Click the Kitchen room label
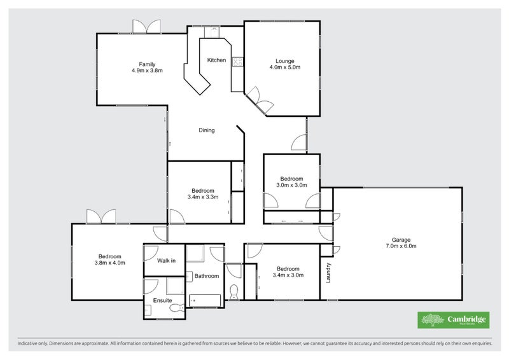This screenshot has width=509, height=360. [x=216, y=60]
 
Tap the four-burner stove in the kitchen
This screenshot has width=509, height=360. [x=237, y=62]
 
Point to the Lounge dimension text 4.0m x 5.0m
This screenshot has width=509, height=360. [x=284, y=67]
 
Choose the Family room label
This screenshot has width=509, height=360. [x=148, y=64]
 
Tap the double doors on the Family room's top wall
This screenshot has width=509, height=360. [x=146, y=27]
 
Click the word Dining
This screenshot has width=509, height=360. [x=207, y=130]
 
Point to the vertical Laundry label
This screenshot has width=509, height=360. [x=328, y=273]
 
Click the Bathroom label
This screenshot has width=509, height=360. [x=207, y=276]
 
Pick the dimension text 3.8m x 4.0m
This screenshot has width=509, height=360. [x=110, y=262]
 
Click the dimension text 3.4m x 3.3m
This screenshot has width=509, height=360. [x=203, y=197]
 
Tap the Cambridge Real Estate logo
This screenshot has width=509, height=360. [x=452, y=320]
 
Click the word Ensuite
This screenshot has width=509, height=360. [x=162, y=300]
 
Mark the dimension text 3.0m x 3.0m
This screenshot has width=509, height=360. [x=291, y=186]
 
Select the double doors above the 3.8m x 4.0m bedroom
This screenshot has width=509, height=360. [x=102, y=217]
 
